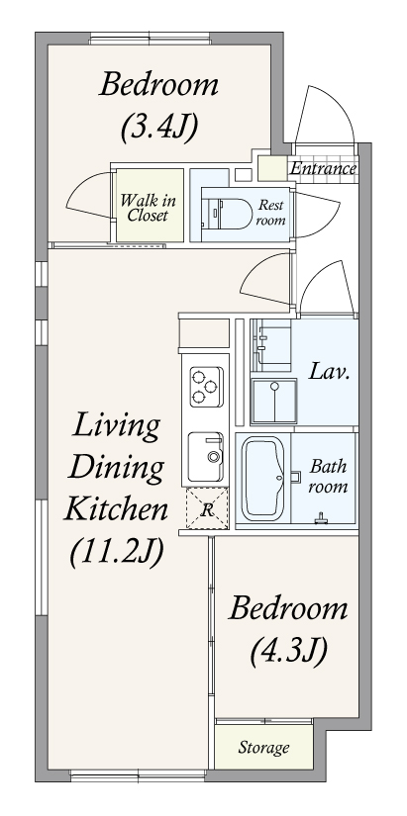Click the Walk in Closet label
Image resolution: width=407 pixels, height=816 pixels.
coord(149,208)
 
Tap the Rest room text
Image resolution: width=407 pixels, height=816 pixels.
coord(271,213)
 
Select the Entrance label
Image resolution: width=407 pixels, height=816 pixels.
coord(323,168)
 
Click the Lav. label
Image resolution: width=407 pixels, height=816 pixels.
coord(329,372)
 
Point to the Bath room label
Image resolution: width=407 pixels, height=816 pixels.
coord(329,476)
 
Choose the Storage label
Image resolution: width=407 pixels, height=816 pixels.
coord(263,748)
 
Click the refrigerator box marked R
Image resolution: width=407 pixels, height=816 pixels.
coord(207,508)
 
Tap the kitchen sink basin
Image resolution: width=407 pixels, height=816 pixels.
coord(205,456)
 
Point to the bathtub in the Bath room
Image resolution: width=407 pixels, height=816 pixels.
coord(263,478)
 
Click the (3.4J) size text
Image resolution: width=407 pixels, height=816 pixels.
coord(159,127)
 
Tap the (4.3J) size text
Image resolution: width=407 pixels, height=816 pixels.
coord(288,650)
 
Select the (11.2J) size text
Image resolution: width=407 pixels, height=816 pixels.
coord(117,552)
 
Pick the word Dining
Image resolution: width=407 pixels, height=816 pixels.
coord(116,467)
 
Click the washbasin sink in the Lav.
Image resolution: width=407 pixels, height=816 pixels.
coord(274,401)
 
